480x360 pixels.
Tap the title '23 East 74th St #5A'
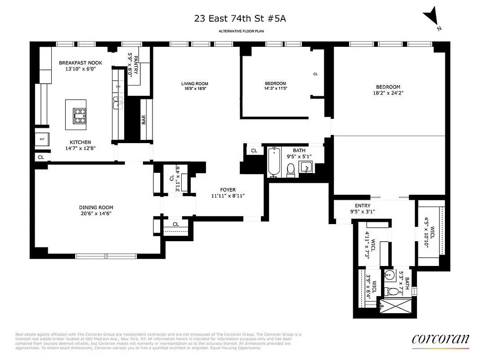click(x=239, y=18)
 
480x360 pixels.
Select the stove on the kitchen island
click(x=79, y=115)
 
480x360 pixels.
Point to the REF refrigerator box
click(x=42, y=139)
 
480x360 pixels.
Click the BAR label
click(x=144, y=120)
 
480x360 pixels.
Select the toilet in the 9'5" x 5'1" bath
click(x=291, y=169)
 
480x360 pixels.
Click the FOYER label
click(x=228, y=190)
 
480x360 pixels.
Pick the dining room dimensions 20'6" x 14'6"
click(x=96, y=214)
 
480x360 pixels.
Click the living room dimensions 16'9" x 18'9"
click(x=194, y=89)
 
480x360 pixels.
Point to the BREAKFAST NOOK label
click(x=81, y=63)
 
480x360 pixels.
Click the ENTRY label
click(x=363, y=206)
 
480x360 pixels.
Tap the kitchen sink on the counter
click(x=117, y=103)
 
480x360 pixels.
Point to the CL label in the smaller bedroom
click(x=315, y=74)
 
